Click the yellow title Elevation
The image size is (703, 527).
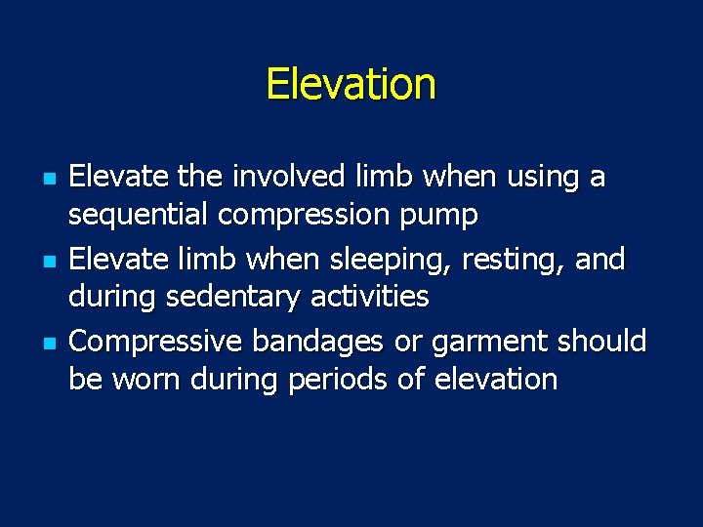(351, 84)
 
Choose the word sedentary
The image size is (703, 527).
(232, 297)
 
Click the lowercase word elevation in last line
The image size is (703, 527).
(496, 379)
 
